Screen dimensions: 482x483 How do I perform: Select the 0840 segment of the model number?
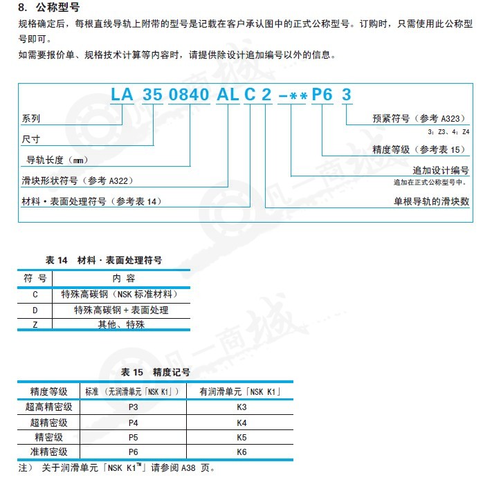[189, 97]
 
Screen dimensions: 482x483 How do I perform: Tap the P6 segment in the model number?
[322, 97]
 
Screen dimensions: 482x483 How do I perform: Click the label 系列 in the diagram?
[32, 119]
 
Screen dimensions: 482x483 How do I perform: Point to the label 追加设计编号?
[441, 170]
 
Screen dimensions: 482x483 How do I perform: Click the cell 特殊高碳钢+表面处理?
[121, 310]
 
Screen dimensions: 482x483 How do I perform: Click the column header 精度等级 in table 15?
[49, 391]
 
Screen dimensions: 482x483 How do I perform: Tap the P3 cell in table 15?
[134, 407]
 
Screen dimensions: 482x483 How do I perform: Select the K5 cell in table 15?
[241, 437]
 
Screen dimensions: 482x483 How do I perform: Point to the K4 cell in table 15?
[241, 422]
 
